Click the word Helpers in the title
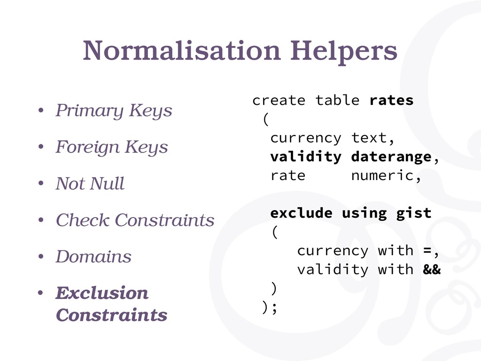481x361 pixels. pos(343,52)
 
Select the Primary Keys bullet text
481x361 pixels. pos(114,111)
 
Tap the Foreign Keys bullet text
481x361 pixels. pos(112,147)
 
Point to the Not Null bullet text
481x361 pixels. pos(90,183)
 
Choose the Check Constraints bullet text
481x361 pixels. pos(135,220)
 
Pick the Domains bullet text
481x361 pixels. pos(93,256)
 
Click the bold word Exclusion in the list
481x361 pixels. pos(102,293)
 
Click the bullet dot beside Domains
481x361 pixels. pos(41,257)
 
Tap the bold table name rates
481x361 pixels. pos(391,101)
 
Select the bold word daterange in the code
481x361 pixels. pos(391,157)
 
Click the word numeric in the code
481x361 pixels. pos(382,176)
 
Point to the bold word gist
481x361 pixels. pos(413,213)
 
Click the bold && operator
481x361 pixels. pos(432,269)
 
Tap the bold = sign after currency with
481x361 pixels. pos(427,251)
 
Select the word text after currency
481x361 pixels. pos(369,138)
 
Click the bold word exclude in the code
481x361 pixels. pos(301,213)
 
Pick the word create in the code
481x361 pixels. pos(279,101)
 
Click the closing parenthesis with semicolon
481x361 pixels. pos(270,307)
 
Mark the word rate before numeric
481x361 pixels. pos(288,176)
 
